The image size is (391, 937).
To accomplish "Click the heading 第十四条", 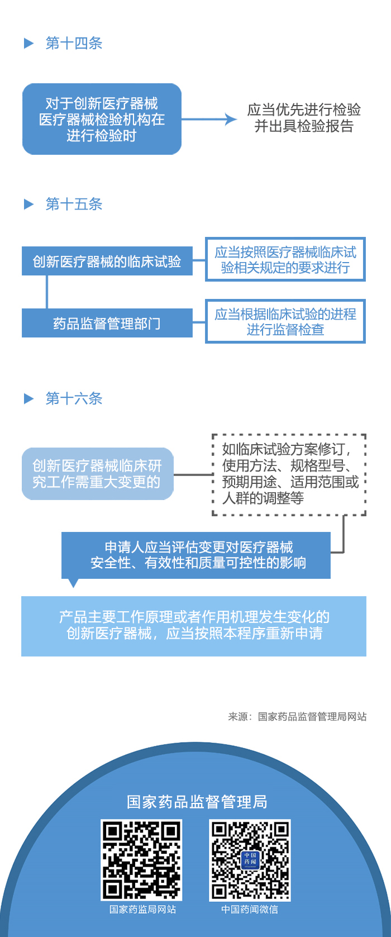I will pyautogui.click(x=74, y=44).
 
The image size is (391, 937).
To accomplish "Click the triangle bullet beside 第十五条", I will pyautogui.click(x=29, y=204).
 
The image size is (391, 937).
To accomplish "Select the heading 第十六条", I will pyautogui.click(x=74, y=399).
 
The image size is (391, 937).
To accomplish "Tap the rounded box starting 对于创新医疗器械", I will pyautogui.click(x=102, y=119).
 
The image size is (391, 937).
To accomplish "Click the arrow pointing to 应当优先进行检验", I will pyautogui.click(x=209, y=119).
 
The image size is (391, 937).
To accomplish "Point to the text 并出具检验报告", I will pyautogui.click(x=304, y=127).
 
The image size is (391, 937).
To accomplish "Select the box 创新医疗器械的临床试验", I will pyautogui.click(x=107, y=261).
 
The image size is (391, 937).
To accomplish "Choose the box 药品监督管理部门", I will pyautogui.click(x=107, y=324).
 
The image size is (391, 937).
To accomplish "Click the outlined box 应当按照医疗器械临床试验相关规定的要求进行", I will pyautogui.click(x=285, y=260).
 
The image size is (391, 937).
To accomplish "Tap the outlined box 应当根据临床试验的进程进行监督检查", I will pyautogui.click(x=285, y=322).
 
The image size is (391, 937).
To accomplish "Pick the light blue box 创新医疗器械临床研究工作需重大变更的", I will pyautogui.click(x=97, y=474).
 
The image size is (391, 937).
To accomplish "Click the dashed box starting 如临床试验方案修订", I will pyautogui.click(x=289, y=474).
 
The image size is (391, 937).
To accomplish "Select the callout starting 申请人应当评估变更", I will pyautogui.click(x=196, y=555).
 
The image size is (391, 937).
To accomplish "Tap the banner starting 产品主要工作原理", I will pyautogui.click(x=194, y=626).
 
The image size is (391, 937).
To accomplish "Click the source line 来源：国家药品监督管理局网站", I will pyautogui.click(x=297, y=717).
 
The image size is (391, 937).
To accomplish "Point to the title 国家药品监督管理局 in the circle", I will pyautogui.click(x=197, y=802).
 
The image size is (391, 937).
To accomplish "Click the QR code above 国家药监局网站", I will pyautogui.click(x=141, y=860).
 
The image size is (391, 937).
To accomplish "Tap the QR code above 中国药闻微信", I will pyautogui.click(x=250, y=860).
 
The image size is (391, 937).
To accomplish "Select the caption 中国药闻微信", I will pyautogui.click(x=249, y=910).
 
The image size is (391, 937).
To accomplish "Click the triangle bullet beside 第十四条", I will pyautogui.click(x=29, y=44).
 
